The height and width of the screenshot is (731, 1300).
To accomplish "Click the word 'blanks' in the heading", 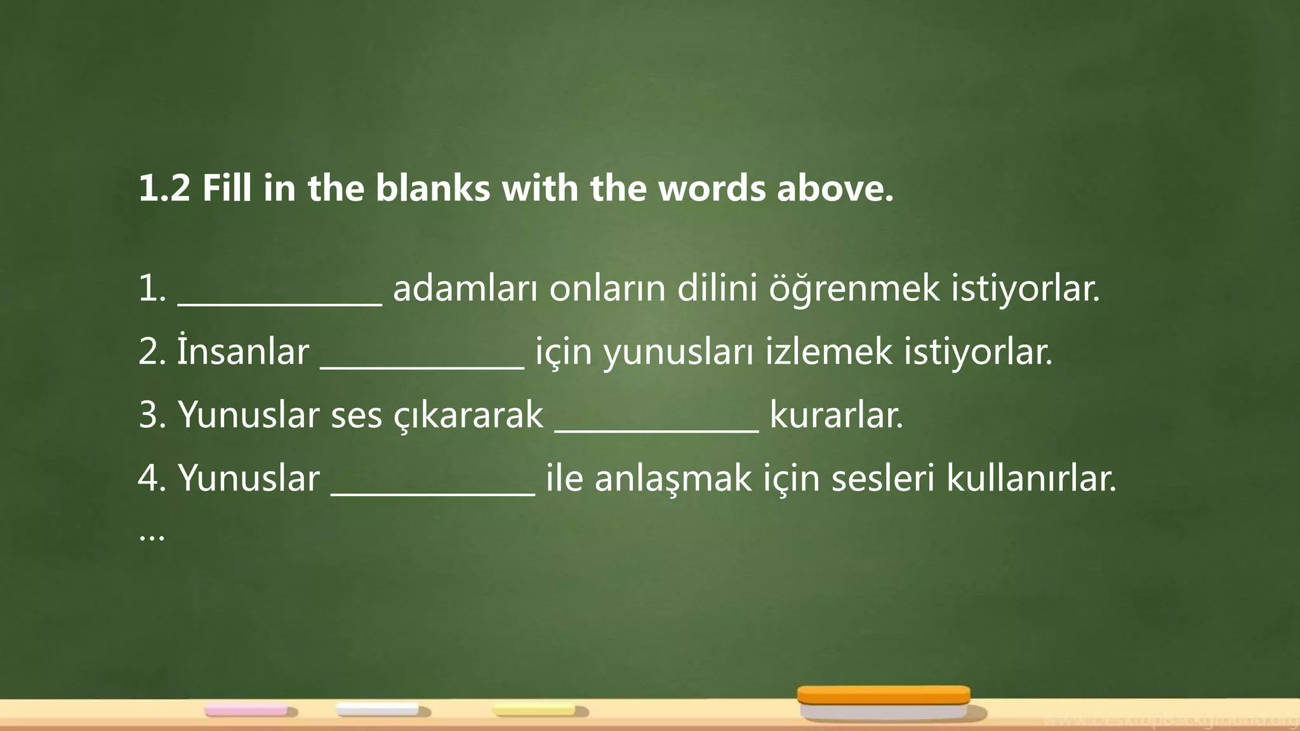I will (432, 188).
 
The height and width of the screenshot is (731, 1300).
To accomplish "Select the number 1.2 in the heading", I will (164, 188).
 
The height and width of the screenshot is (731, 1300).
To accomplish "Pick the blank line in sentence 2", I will (422, 366).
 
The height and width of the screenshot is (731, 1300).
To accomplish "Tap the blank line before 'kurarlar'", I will (656, 430).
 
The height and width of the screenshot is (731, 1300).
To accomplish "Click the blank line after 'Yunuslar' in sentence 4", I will (433, 493).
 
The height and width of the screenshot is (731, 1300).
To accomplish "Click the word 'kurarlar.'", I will (836, 416).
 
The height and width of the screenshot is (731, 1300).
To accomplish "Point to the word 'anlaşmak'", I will (673, 479).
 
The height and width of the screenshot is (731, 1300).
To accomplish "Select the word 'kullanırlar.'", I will (1031, 478).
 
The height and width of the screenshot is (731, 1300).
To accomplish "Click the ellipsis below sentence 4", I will (152, 538).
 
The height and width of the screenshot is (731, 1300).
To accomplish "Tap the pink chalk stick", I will (246, 710).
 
